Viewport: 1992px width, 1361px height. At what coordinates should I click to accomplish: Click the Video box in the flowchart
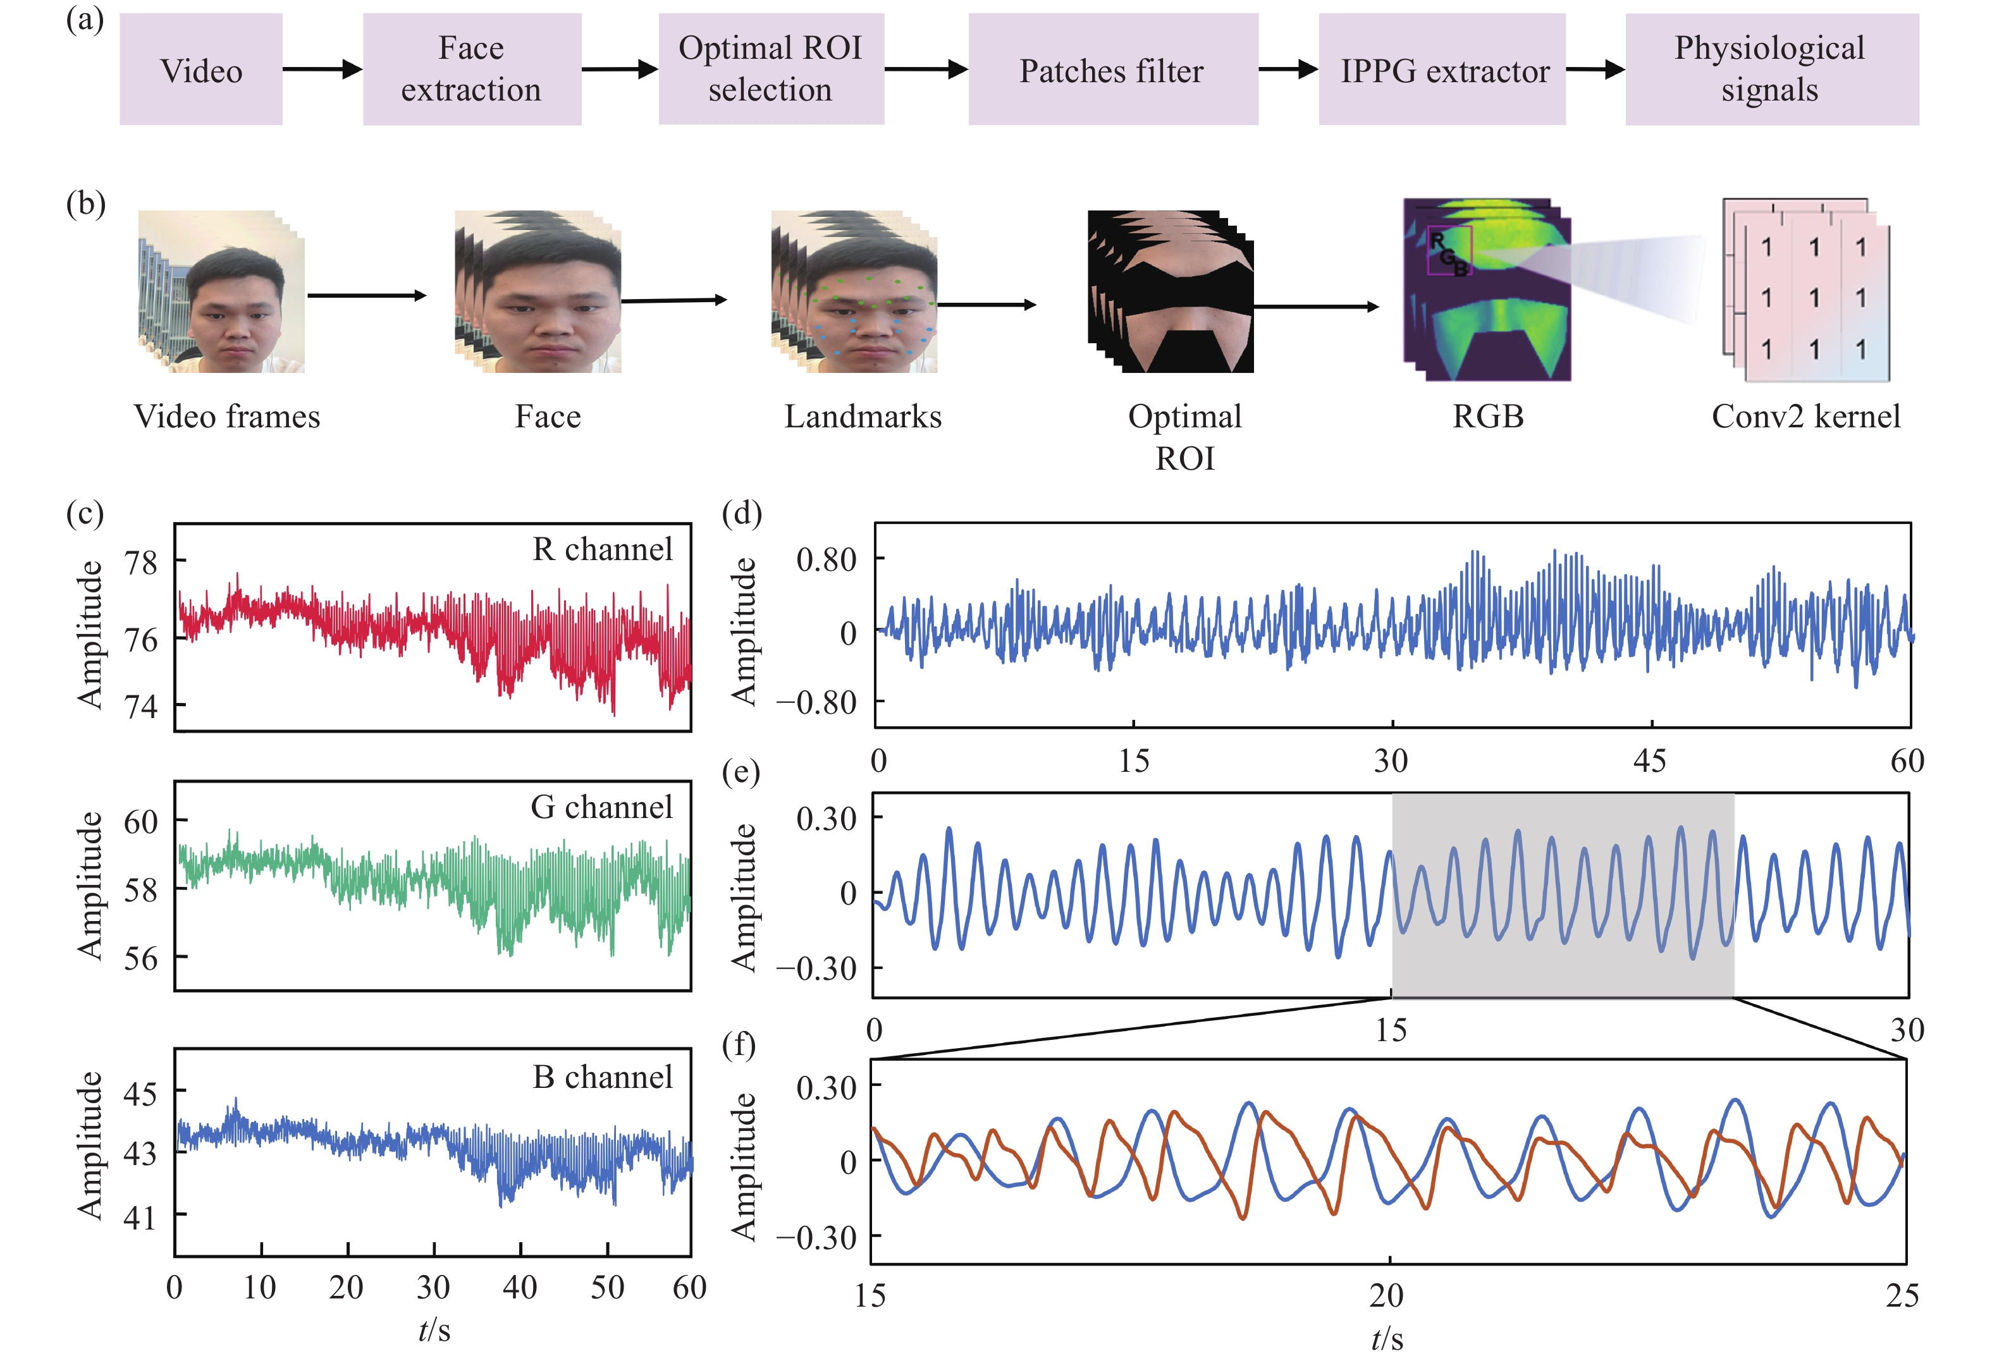[x=202, y=70]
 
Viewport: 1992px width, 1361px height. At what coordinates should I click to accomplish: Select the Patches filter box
[x=1112, y=70]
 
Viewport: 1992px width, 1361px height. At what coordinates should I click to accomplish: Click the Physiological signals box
[x=1770, y=70]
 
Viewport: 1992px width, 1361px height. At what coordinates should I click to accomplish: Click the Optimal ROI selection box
[x=771, y=70]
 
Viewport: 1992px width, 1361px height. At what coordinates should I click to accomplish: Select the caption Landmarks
[x=863, y=417]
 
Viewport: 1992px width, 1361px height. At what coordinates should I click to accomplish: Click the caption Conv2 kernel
[x=1806, y=417]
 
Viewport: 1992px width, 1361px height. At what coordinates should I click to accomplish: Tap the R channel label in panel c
[x=603, y=549]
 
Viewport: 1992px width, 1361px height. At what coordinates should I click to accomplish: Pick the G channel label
[x=602, y=807]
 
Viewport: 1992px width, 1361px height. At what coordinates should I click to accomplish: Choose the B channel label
[x=603, y=1077]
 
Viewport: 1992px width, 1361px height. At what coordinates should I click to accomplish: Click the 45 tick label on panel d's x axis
[x=1650, y=761]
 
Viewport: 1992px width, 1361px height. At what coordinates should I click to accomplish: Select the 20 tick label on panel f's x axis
[x=1386, y=1296]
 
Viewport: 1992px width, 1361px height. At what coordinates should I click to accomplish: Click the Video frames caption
[x=227, y=417]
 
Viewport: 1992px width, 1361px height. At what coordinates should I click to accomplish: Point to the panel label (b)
[x=86, y=204]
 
